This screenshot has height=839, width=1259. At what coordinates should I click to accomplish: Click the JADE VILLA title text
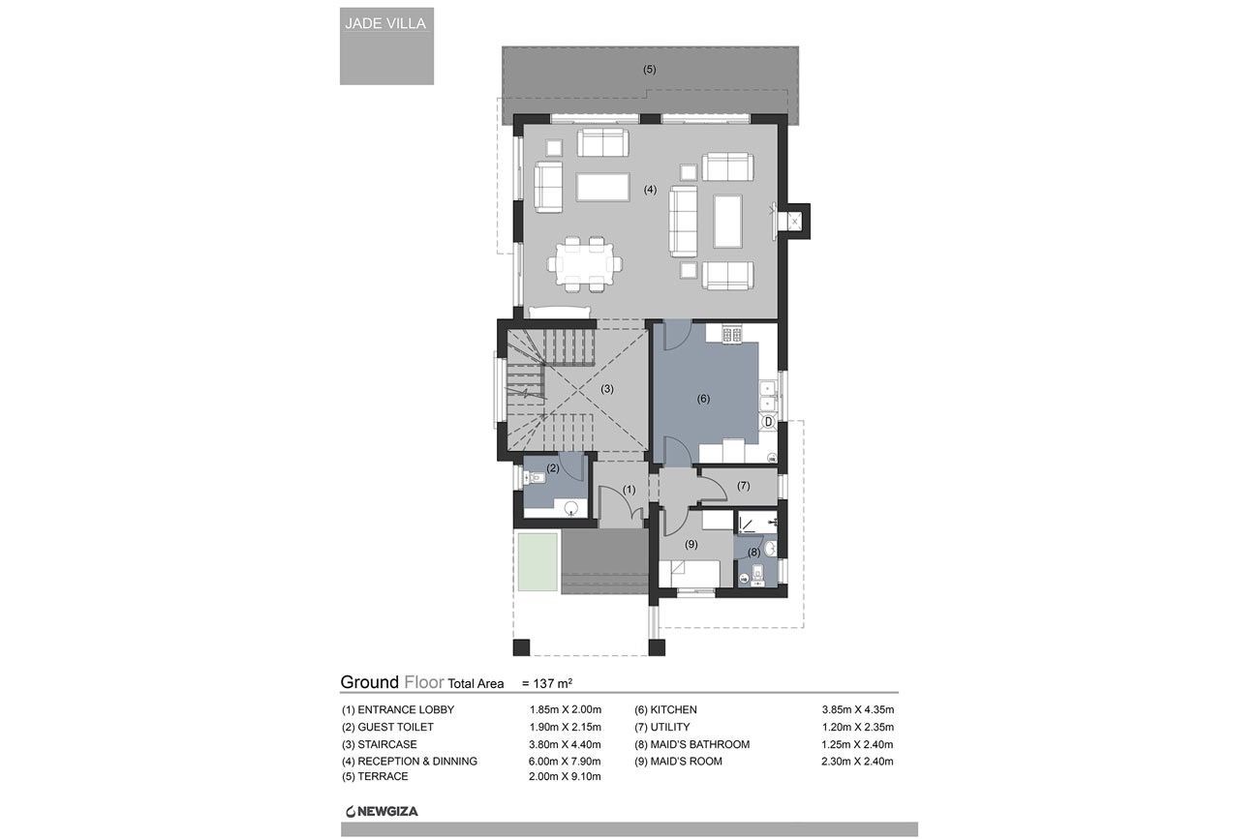[x=385, y=23]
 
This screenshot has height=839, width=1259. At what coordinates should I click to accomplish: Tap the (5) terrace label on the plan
[x=649, y=70]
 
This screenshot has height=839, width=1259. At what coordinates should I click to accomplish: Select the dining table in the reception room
[x=585, y=264]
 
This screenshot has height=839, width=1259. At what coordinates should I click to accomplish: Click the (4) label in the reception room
[x=650, y=190]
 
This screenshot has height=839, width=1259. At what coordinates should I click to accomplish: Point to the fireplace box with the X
[x=793, y=222]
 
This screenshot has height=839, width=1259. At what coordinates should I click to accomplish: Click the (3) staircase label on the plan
[x=607, y=389]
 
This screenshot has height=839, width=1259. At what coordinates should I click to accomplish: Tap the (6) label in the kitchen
[x=703, y=399]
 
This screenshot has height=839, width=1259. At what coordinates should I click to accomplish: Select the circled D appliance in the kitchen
[x=768, y=422]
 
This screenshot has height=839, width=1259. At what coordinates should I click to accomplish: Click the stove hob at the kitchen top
[x=731, y=334]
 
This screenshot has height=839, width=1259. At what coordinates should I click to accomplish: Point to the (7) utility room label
[x=743, y=486]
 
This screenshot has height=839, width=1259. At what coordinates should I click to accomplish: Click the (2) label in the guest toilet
[x=552, y=467]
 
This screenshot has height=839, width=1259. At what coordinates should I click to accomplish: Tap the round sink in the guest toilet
[x=571, y=509]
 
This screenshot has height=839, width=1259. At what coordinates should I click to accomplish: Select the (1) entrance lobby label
[x=629, y=490]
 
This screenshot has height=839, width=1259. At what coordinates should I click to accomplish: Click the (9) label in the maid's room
[x=691, y=544]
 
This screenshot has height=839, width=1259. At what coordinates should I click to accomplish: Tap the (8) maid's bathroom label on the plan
[x=753, y=553]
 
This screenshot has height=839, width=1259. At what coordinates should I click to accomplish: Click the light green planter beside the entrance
[x=537, y=562]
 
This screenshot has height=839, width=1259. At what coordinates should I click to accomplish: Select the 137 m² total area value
[x=552, y=683]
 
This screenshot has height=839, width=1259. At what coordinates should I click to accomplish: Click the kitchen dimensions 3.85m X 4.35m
[x=858, y=710]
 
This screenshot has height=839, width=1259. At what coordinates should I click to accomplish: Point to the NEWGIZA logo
[x=382, y=812]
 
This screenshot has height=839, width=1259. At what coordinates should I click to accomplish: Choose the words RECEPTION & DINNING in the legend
[x=417, y=762]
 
